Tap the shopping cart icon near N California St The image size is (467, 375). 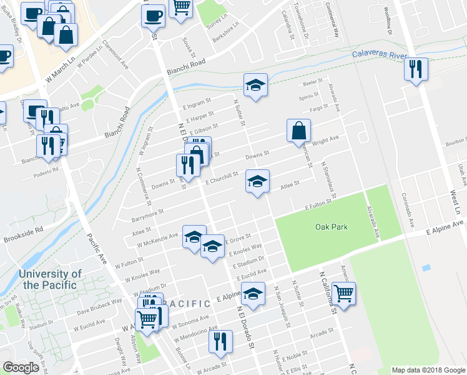click(343, 292)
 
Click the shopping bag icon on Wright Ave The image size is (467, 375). click(299, 131)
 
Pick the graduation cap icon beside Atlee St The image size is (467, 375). click(257, 181)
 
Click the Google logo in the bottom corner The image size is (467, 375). click(21, 367)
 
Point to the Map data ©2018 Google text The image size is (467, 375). click(428, 370)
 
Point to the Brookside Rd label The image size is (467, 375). click(24, 234)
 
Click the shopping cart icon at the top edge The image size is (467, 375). click(181, 7)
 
